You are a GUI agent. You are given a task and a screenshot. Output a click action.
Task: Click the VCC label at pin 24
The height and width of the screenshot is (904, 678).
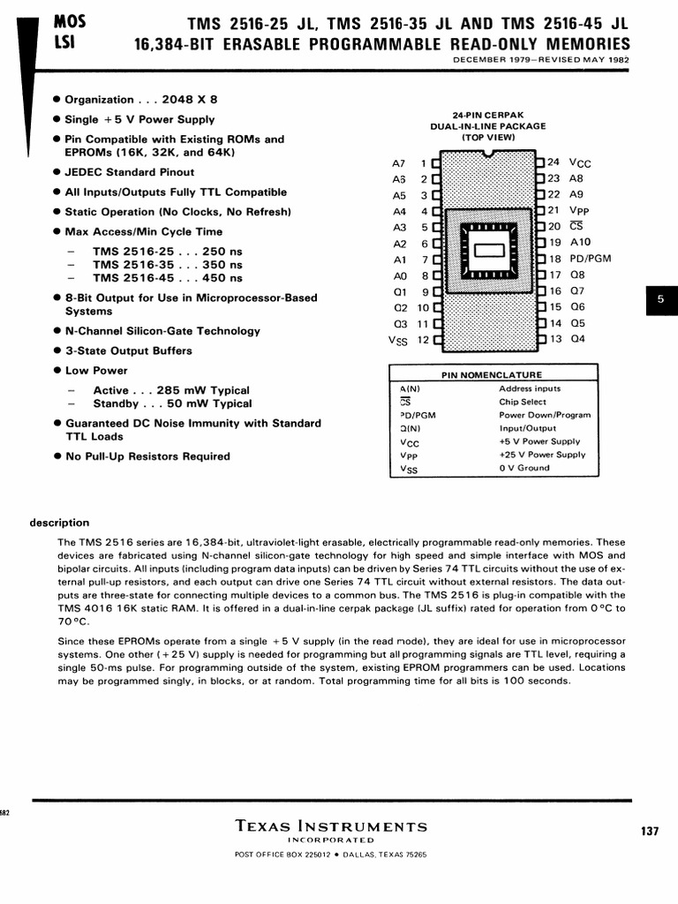coord(580,163)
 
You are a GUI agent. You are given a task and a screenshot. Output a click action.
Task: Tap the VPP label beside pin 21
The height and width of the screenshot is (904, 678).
coord(579,211)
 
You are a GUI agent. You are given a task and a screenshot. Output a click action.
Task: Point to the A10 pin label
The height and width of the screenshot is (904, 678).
coord(580,242)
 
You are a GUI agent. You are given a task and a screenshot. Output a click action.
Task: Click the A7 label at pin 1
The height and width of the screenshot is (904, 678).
coord(398,163)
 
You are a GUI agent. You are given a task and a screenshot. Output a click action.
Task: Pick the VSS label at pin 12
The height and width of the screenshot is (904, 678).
coord(397,340)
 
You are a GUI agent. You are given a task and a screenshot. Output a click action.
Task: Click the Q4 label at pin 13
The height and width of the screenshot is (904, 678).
coord(577,339)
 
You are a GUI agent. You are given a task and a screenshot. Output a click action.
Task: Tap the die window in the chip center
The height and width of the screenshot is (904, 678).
coord(488,251)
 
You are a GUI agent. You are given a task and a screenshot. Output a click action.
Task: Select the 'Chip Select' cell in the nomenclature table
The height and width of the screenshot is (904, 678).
coord(523,402)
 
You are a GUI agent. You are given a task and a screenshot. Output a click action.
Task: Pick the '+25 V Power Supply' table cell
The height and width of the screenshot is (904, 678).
coord(542,455)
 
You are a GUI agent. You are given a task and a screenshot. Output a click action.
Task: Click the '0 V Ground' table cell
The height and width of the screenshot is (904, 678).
coord(524,468)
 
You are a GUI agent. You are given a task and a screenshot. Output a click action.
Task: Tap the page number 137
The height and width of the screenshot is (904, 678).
coord(650,832)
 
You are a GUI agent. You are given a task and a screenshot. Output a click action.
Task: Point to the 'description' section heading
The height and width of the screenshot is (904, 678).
coord(60,523)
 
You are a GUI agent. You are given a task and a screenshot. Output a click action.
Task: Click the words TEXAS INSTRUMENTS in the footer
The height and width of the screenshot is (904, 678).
coord(332,827)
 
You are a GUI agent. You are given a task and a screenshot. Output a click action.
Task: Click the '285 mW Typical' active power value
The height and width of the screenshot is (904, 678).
coord(203,390)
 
